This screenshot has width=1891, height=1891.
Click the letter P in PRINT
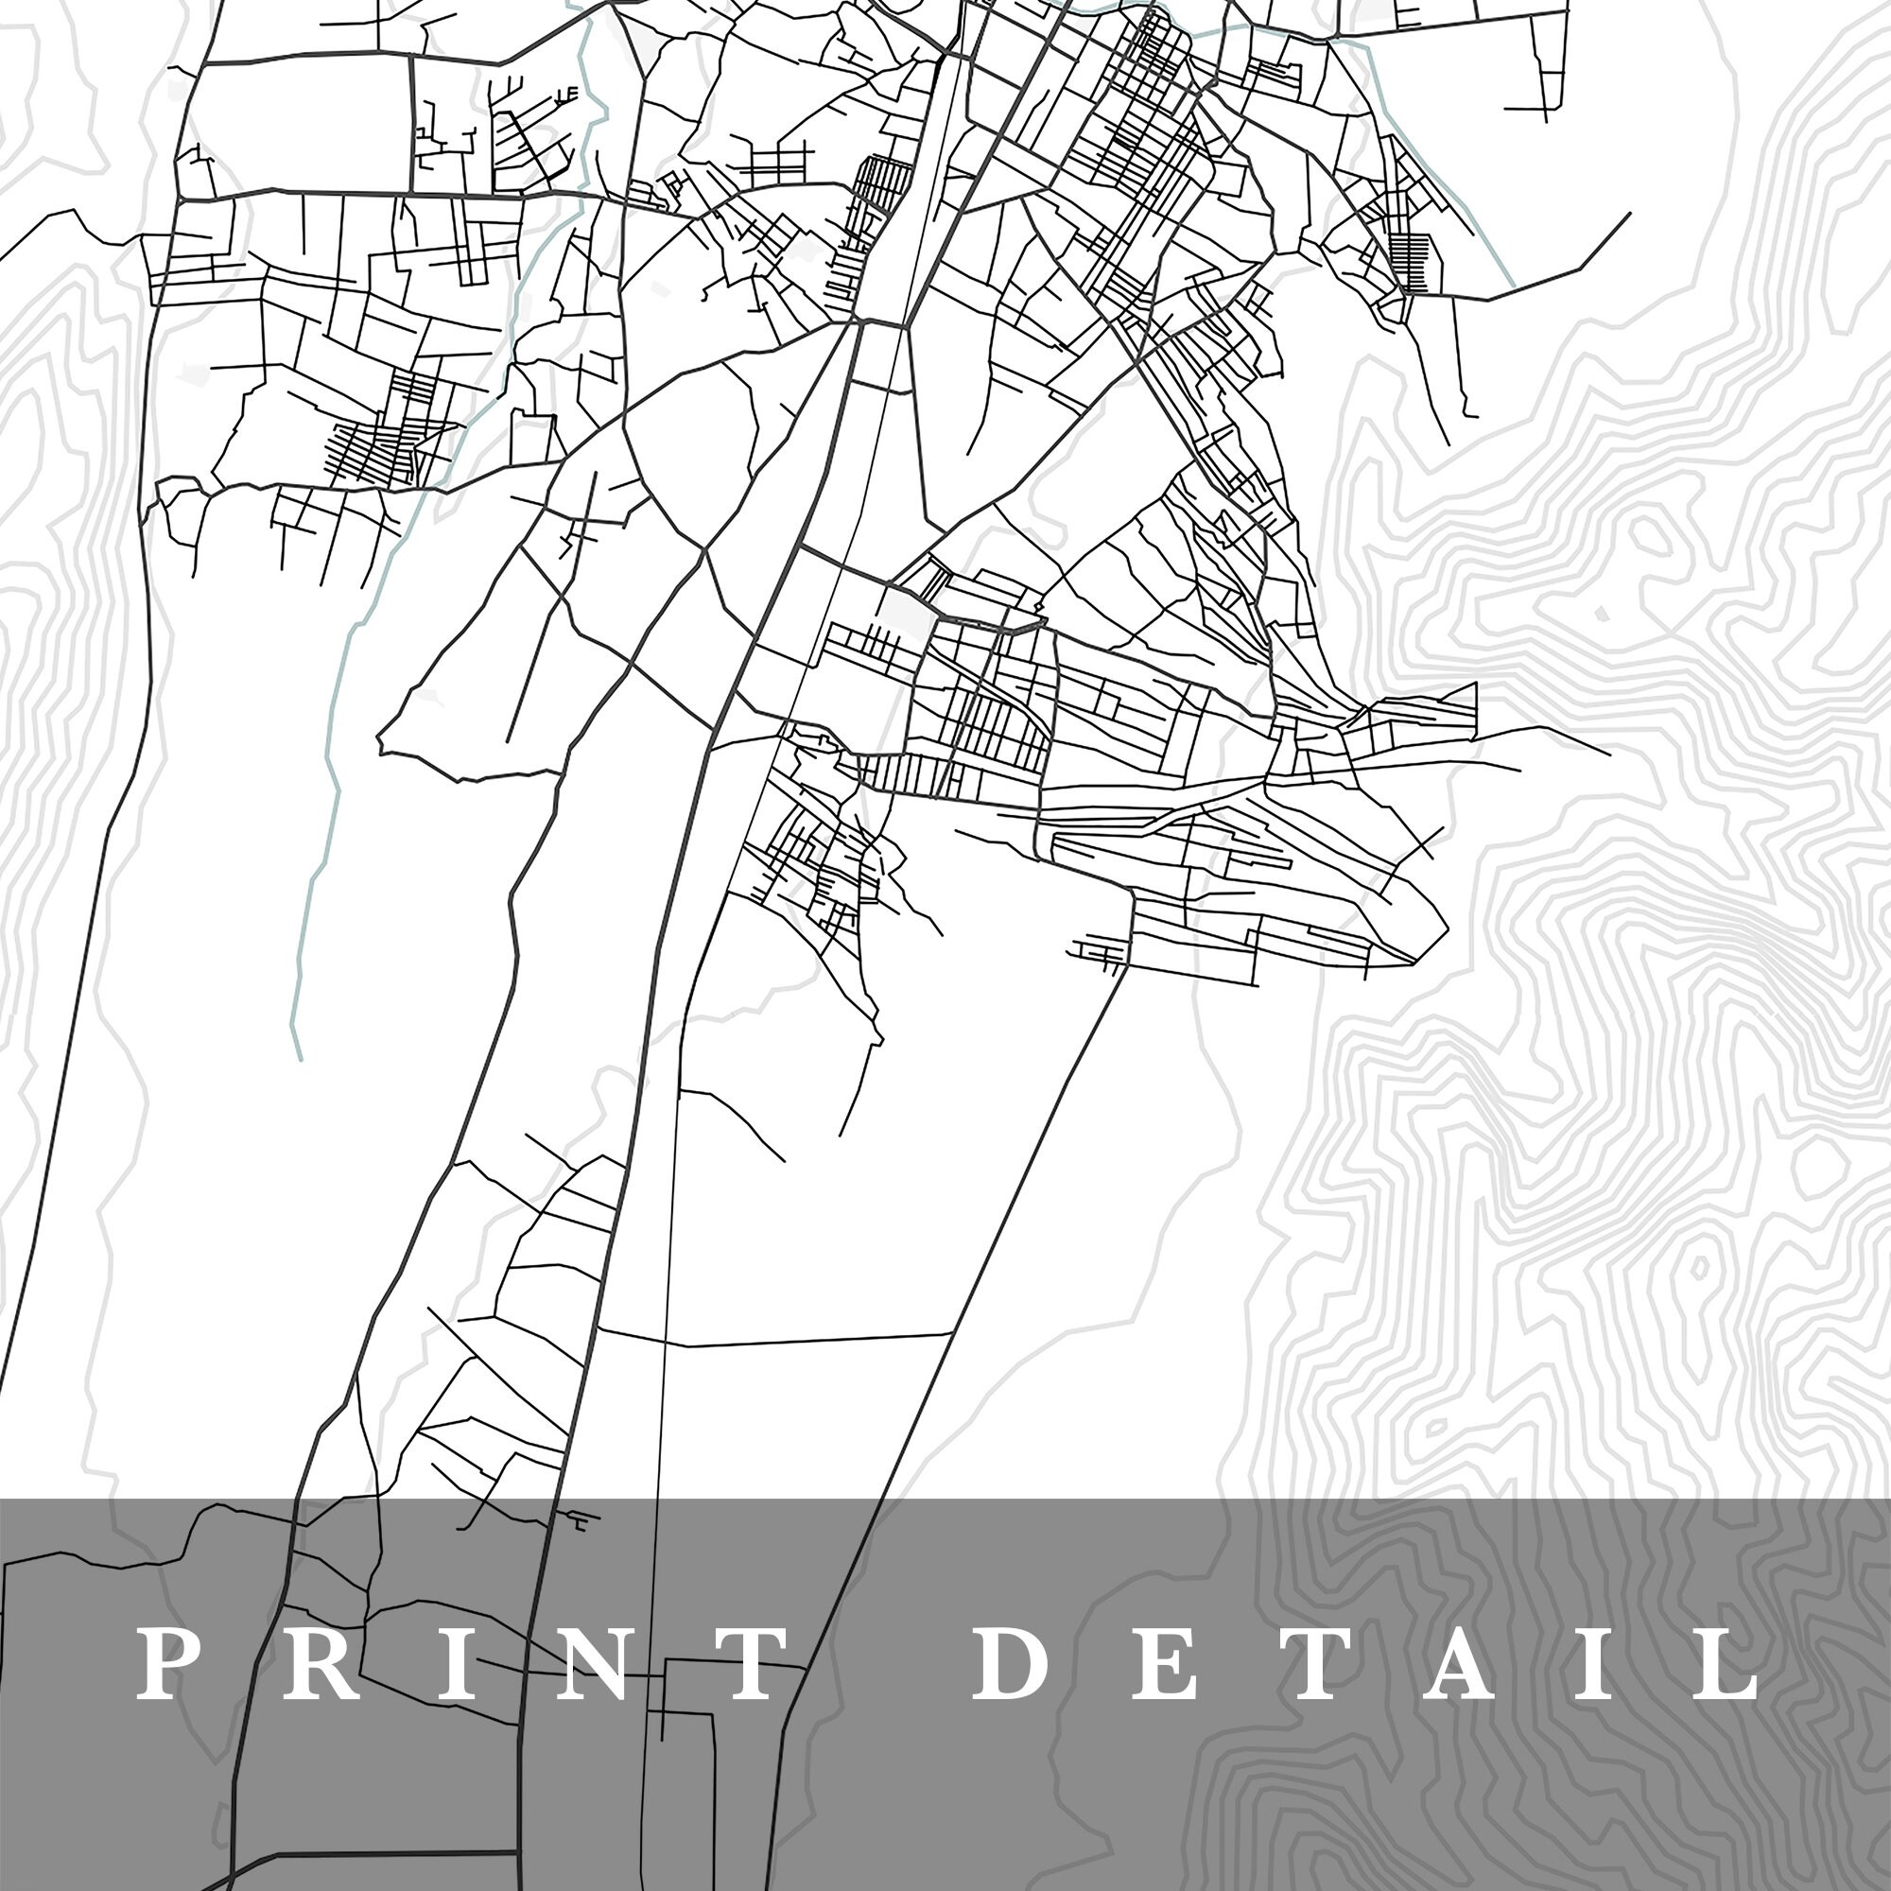click(161, 1664)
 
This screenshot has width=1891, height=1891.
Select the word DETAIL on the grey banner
click(1366, 1664)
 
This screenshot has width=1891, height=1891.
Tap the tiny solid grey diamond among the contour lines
click(1601, 615)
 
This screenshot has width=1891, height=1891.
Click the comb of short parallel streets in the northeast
click(1416, 265)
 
